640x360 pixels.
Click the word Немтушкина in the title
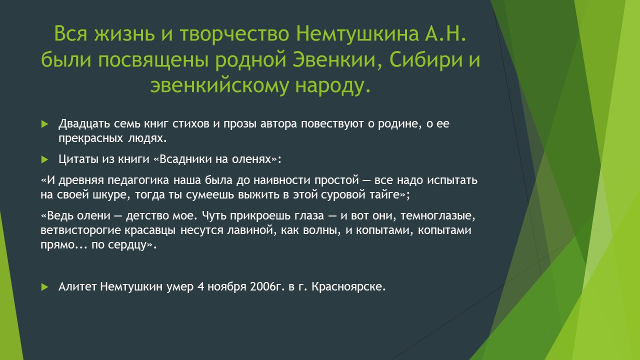(357, 34)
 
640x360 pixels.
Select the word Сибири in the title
(425, 60)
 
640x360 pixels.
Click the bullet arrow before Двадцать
(44, 124)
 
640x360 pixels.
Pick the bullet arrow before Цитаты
(44, 159)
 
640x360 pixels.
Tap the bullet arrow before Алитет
(44, 287)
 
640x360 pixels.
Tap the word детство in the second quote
(147, 215)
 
